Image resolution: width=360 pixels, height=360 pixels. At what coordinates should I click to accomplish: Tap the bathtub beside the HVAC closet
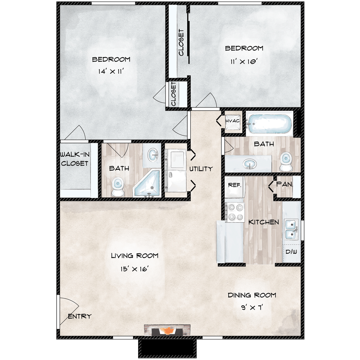270,123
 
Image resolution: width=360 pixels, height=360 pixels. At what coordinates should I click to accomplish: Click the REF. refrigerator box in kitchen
235,186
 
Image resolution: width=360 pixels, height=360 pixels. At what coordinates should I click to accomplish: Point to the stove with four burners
234,212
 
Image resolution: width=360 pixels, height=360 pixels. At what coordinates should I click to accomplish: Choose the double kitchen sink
291,229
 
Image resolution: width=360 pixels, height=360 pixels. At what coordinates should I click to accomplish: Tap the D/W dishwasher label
292,252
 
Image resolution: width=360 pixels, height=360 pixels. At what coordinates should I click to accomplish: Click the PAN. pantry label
285,185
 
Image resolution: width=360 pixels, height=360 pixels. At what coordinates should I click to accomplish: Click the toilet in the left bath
117,186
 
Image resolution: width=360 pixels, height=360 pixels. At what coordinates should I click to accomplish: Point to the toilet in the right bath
285,161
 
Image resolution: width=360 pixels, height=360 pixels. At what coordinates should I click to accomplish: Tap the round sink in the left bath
153,154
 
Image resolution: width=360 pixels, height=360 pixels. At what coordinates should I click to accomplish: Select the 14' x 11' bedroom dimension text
111,72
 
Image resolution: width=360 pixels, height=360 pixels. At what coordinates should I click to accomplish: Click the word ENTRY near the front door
80,316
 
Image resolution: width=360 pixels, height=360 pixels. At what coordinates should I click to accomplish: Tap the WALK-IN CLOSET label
74,159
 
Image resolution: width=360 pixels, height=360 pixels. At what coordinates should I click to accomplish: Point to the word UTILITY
201,169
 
